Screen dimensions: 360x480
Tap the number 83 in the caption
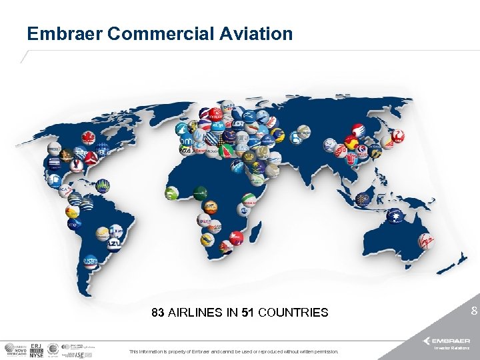(158, 312)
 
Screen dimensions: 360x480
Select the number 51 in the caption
(247, 312)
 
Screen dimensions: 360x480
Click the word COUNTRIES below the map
(293, 312)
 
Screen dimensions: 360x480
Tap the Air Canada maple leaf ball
(87, 138)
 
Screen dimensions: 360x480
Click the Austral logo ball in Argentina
(89, 261)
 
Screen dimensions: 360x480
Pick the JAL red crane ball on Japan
(397, 136)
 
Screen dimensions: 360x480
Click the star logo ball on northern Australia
(398, 217)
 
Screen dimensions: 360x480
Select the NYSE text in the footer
(37, 355)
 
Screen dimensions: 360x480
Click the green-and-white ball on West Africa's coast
(171, 194)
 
